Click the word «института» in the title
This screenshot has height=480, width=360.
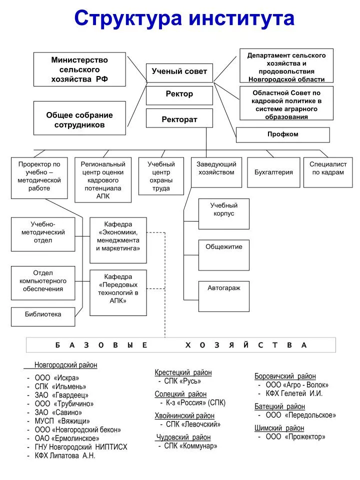(241, 18)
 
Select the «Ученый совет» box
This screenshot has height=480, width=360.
(179, 73)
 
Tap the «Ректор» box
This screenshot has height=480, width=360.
(179, 95)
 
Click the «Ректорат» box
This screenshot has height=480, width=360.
(179, 118)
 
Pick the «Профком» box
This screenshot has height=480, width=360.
(283, 135)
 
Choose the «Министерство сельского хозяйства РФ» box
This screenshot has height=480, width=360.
(79, 69)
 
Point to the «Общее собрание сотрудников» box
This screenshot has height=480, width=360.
(79, 118)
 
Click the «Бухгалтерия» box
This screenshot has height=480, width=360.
(273, 172)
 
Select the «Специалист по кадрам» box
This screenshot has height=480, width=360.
(328, 172)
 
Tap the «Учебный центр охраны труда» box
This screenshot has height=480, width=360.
(161, 176)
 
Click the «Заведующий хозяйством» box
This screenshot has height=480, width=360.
(216, 172)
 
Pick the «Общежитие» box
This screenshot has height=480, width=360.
(224, 255)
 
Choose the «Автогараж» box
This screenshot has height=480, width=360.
(224, 296)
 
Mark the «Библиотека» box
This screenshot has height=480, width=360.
(43, 317)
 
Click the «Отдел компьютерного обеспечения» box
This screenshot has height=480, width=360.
(43, 283)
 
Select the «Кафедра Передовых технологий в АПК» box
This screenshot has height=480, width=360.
(118, 293)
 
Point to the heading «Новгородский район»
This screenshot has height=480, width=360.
(66, 365)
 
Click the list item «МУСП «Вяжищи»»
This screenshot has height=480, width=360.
(62, 421)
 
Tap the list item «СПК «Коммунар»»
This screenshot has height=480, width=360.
(190, 446)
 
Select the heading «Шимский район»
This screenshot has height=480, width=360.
(279, 428)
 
